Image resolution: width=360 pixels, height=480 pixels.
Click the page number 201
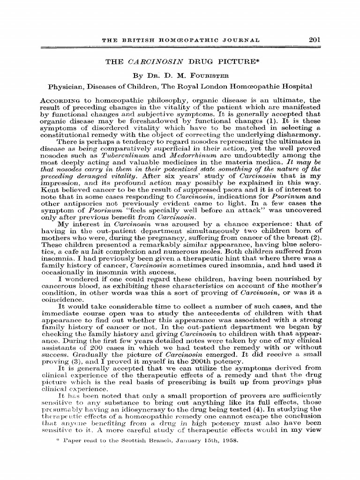coord(314,41)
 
